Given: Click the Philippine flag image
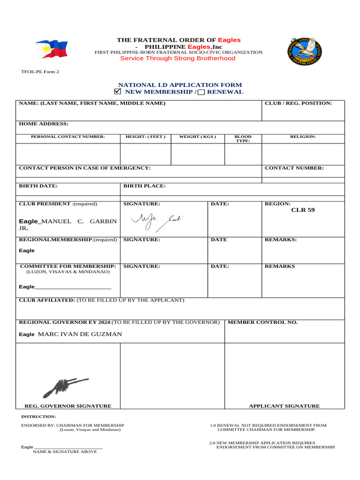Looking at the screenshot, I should [51, 48].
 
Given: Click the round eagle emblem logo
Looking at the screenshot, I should [305, 51].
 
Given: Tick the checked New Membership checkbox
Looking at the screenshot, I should [118, 91].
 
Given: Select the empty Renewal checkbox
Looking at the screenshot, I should [201, 92].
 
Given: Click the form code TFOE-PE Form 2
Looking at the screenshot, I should [40, 72].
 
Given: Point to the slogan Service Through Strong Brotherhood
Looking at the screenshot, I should [178, 59].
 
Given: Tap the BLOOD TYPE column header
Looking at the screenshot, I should [243, 138].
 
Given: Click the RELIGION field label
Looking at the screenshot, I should [303, 137].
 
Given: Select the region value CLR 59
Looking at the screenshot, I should [303, 210].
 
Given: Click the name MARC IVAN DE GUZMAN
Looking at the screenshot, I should [79, 334].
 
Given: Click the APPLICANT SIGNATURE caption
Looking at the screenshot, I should [284, 406].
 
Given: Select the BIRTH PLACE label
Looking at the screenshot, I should [144, 186].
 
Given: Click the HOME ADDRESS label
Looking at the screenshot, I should [44, 124].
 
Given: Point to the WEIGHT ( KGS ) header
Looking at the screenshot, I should [197, 137].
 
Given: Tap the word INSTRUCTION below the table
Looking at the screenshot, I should [38, 416].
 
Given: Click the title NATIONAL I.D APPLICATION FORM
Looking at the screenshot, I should [180, 85].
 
